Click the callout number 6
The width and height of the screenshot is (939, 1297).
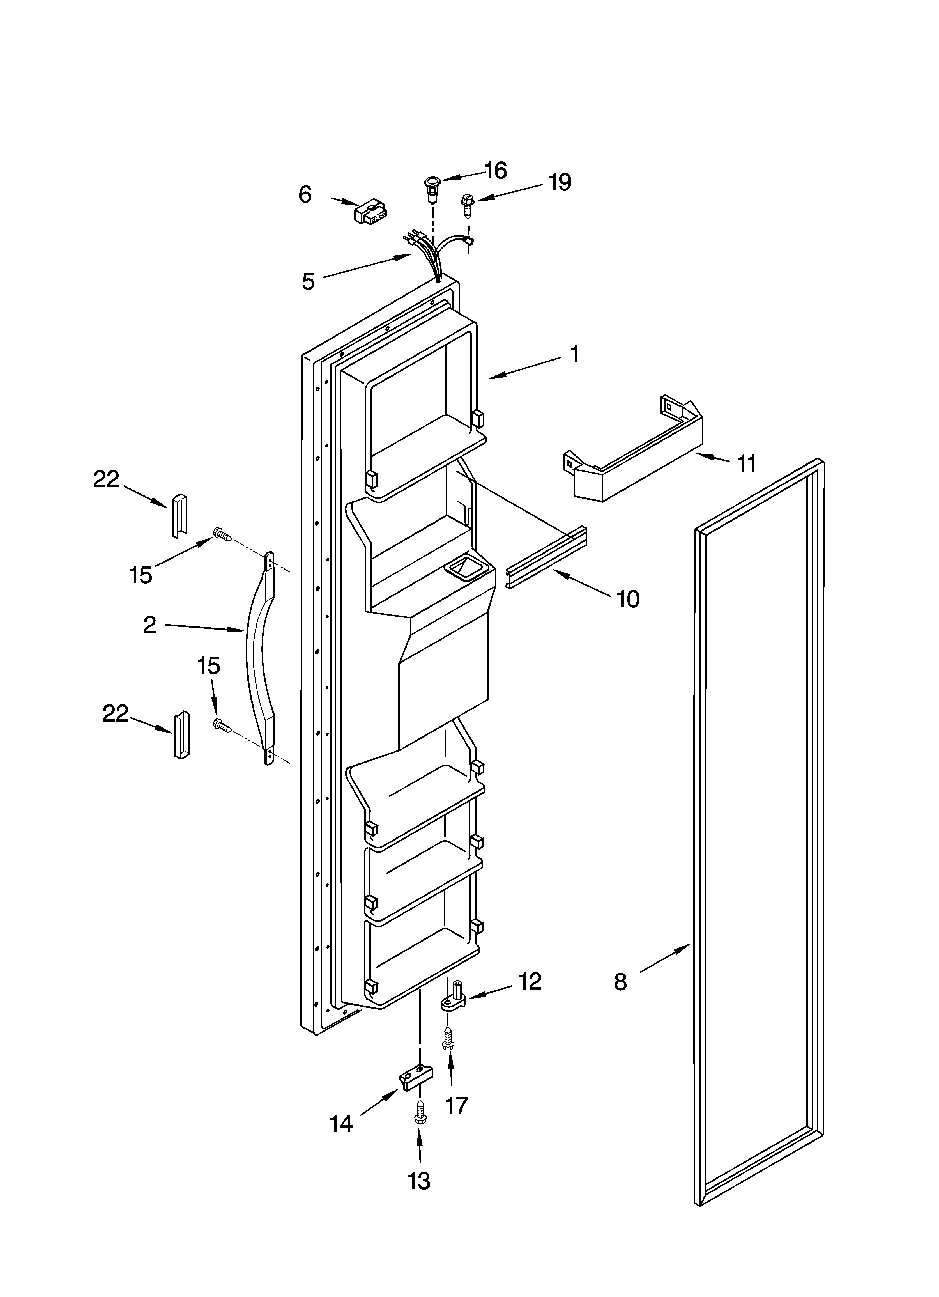coord(305,195)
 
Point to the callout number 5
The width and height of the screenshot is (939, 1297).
coord(308,281)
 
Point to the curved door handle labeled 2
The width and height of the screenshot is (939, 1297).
coord(260,658)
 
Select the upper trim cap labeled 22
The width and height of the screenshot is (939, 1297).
coord(178,515)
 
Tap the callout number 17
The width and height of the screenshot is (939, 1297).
coord(456,1105)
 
